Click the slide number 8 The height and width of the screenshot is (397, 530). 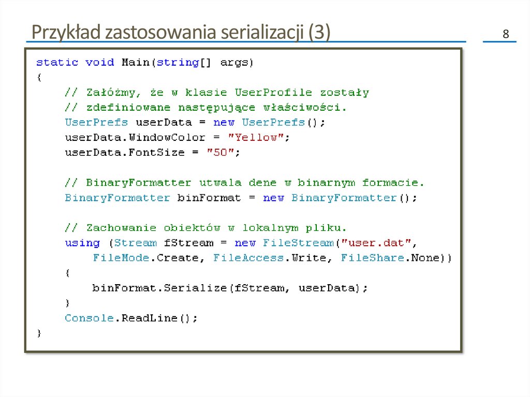click(x=506, y=35)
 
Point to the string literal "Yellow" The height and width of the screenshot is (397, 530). click(x=256, y=138)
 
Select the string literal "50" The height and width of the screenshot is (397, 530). click(x=224, y=153)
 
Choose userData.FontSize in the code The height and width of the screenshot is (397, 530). click(x=124, y=153)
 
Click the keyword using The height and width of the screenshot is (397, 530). click(x=82, y=243)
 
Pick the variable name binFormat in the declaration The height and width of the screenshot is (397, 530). click(x=209, y=198)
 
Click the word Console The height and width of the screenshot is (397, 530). click(x=89, y=318)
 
